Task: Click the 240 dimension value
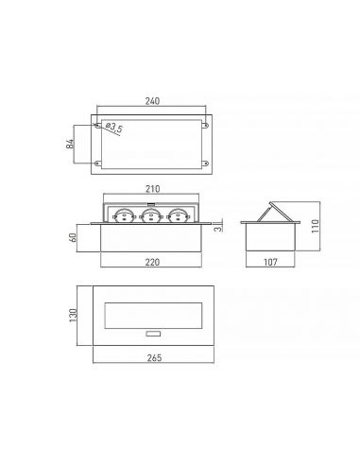pyautogui.click(x=152, y=101)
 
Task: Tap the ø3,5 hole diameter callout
pyautogui.click(x=114, y=127)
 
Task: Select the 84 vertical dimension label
pyautogui.click(x=70, y=144)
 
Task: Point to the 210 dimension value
pyautogui.click(x=152, y=189)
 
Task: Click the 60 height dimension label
pyautogui.click(x=73, y=237)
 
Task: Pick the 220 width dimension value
pyautogui.click(x=152, y=262)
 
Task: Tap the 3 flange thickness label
pyautogui.click(x=218, y=228)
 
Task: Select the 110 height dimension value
pyautogui.click(x=315, y=226)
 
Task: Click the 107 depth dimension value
pyautogui.click(x=270, y=262)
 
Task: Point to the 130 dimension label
pyautogui.click(x=73, y=316)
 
